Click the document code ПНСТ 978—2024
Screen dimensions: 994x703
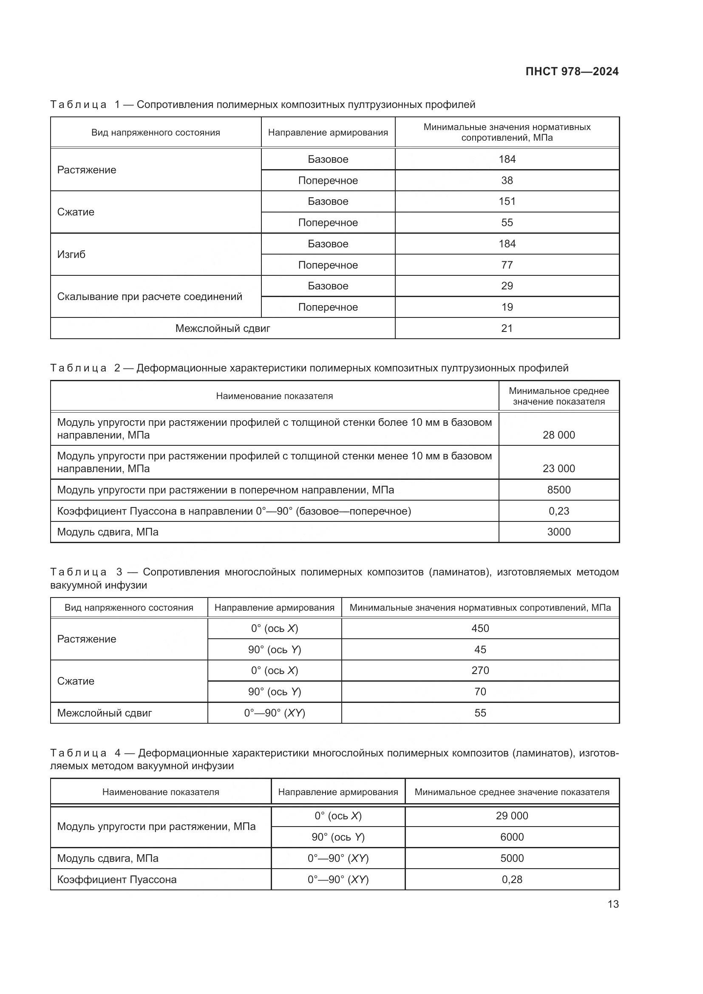tap(571, 72)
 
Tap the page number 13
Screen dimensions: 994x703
tap(613, 904)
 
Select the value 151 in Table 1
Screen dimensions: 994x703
tap(507, 201)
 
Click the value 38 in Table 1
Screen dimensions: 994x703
tap(507, 181)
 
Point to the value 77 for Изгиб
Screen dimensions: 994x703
tap(507, 265)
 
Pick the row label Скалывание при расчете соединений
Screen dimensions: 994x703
tap(149, 297)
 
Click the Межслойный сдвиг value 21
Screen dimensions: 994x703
tap(507, 328)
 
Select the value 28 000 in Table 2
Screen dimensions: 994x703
tap(558, 435)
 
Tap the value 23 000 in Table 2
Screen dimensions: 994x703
tap(558, 469)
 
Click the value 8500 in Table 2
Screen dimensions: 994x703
tap(558, 490)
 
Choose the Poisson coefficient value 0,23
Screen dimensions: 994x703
tap(558, 511)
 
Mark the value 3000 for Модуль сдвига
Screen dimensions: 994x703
tap(558, 532)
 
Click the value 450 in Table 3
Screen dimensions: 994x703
tap(480, 628)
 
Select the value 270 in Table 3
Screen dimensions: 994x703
tap(480, 671)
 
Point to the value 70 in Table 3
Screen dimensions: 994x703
tap(480, 692)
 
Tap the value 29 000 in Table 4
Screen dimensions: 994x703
tap(512, 816)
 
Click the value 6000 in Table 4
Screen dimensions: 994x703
tap(512, 837)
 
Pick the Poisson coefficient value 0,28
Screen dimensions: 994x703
tap(512, 880)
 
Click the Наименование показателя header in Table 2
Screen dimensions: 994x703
tap(275, 396)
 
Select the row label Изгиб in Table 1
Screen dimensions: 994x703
tap(71, 255)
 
